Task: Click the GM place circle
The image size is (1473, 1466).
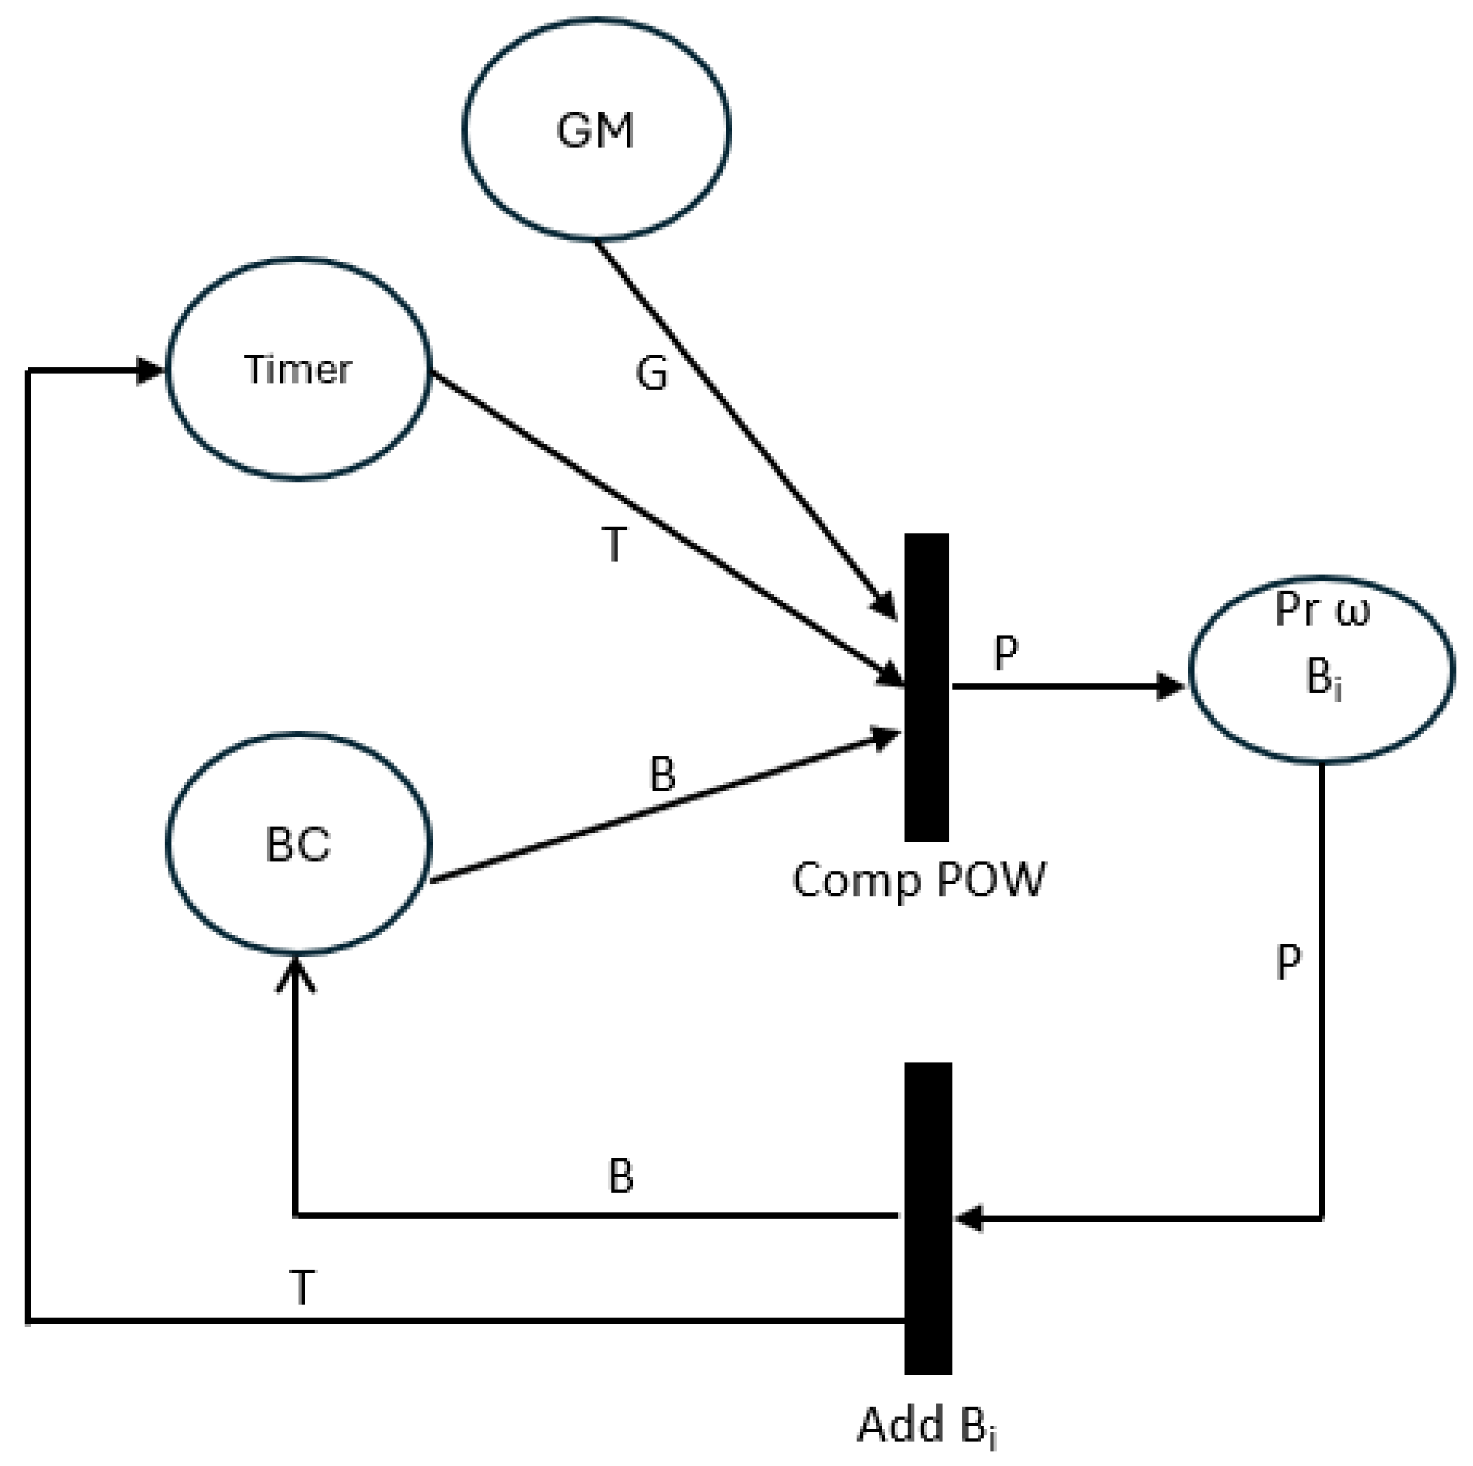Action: pyautogui.click(x=595, y=130)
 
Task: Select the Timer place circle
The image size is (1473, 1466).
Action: pyautogui.click(x=298, y=369)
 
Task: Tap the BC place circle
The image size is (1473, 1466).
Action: pyautogui.click(x=298, y=844)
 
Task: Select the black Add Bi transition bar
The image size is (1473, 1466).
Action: pyautogui.click(x=928, y=1218)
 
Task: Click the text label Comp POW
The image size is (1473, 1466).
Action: pyautogui.click(x=919, y=881)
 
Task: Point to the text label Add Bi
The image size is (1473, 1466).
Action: pyautogui.click(x=927, y=1424)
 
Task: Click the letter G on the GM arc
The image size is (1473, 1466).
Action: pyautogui.click(x=652, y=374)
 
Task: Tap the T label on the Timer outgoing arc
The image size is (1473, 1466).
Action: pyautogui.click(x=615, y=545)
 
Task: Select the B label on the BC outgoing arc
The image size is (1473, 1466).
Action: pyautogui.click(x=662, y=774)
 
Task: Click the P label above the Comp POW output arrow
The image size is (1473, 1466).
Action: pyautogui.click(x=1007, y=653)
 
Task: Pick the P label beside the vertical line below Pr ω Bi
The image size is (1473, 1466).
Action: pyautogui.click(x=1288, y=963)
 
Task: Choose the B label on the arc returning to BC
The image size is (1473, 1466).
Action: pyautogui.click(x=621, y=1176)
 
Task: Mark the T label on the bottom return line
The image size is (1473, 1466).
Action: pyautogui.click(x=302, y=1288)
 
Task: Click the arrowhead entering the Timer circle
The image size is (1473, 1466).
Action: pyautogui.click(x=150, y=371)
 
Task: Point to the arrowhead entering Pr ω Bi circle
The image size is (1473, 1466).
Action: pyautogui.click(x=1169, y=686)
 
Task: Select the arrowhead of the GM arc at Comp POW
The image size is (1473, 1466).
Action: pyautogui.click(x=887, y=606)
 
